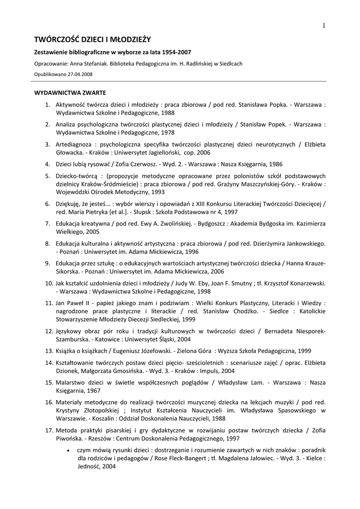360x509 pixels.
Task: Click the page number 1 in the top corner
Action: point(323,26)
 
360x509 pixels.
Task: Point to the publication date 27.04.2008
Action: point(78,74)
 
